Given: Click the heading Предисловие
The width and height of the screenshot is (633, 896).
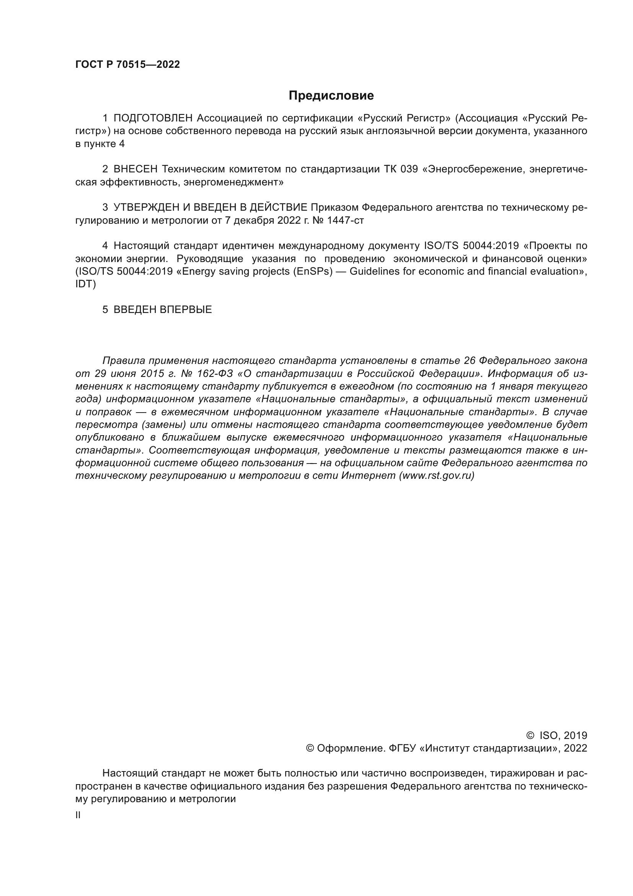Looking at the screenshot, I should coord(331,96).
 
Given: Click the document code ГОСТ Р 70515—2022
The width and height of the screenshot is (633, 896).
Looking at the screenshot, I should coord(127,65).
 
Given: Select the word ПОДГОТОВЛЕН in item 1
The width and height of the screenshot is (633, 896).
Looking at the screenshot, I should coord(153,118).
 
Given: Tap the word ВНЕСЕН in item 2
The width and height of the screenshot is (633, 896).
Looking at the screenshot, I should coord(135,169).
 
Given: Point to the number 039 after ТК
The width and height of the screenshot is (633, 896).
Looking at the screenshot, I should coord(409,169).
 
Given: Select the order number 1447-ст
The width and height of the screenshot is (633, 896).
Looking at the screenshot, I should coord(345,221).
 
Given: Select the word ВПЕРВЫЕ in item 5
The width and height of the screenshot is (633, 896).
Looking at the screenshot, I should coord(186,310).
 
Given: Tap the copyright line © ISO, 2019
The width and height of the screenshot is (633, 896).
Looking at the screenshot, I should coord(556,735).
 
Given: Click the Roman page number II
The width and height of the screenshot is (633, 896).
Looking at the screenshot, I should coord(78,815).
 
